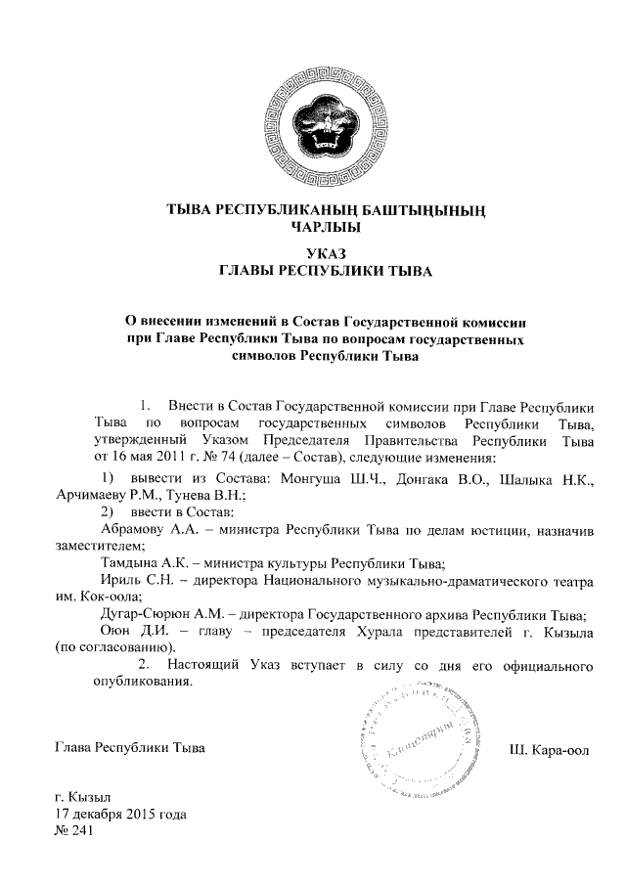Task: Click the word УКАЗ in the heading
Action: (312, 254)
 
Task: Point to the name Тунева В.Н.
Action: (212, 495)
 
